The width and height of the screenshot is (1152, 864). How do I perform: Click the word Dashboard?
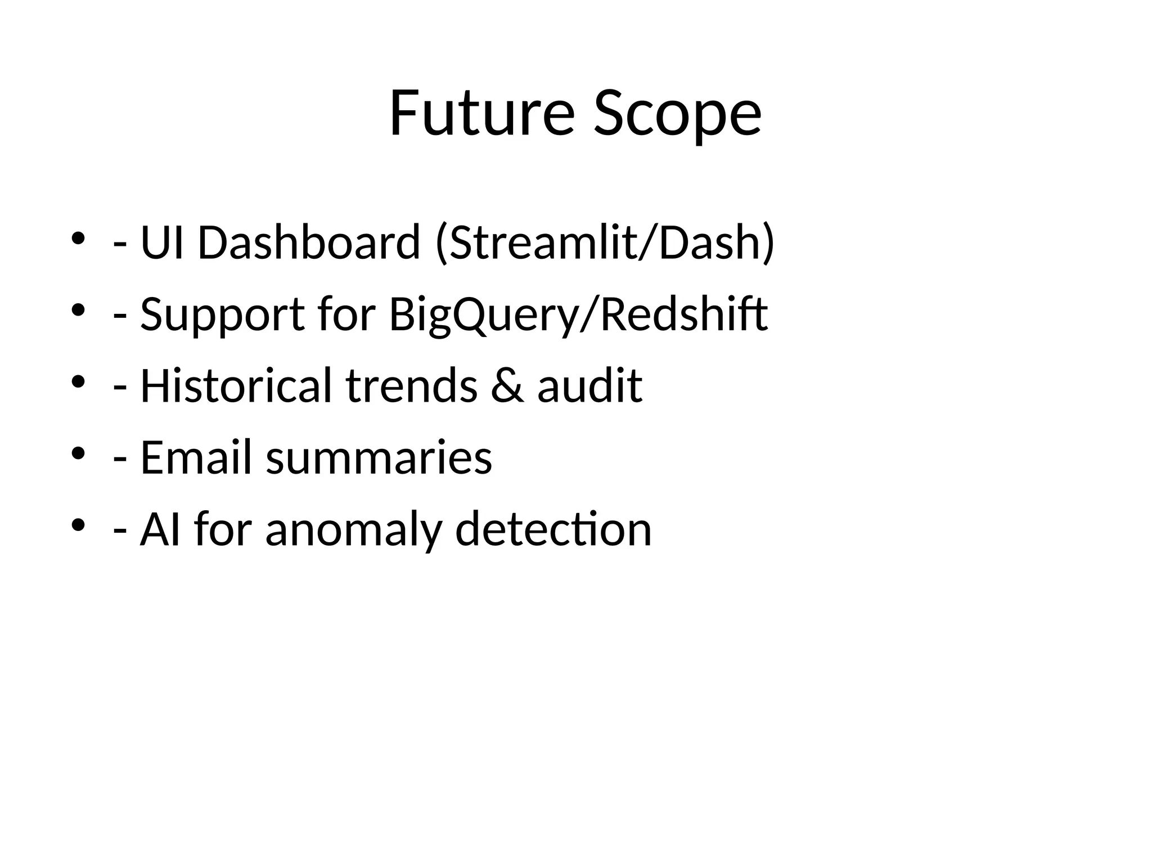pyautogui.click(x=309, y=242)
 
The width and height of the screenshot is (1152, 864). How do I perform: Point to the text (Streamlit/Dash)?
pyautogui.click(x=605, y=242)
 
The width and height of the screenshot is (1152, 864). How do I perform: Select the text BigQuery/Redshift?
pyautogui.click(x=578, y=315)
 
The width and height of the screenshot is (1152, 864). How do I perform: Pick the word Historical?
pyautogui.click(x=236, y=386)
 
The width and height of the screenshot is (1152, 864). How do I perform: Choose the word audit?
pyautogui.click(x=589, y=386)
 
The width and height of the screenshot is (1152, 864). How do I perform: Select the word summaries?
pyautogui.click(x=379, y=458)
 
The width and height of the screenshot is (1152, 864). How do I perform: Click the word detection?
pyautogui.click(x=553, y=529)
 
